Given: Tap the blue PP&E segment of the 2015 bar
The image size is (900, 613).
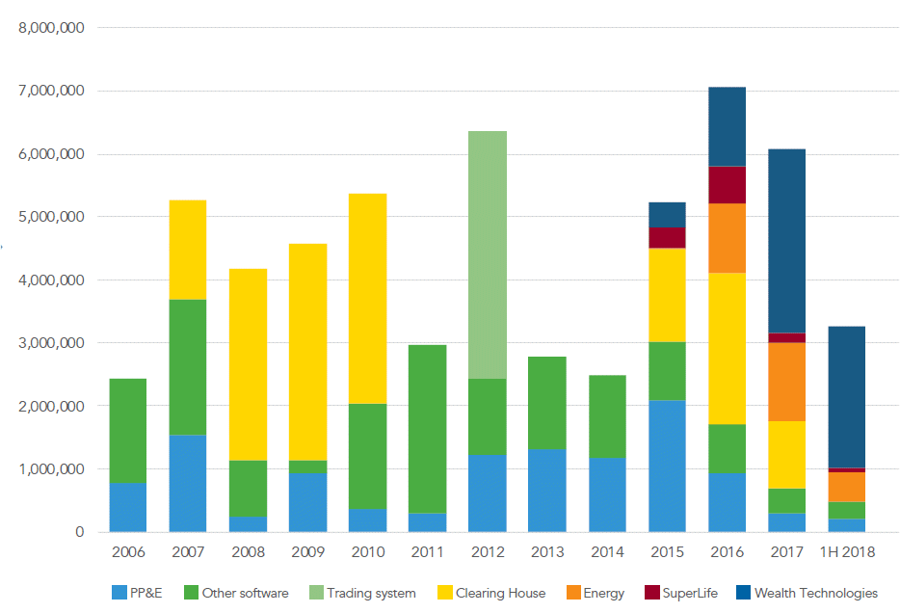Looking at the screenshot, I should pyautogui.click(x=667, y=466).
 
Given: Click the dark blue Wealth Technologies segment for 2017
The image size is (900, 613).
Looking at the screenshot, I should pyautogui.click(x=786, y=241).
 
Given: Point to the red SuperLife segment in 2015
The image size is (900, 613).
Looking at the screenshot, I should pyautogui.click(x=667, y=238).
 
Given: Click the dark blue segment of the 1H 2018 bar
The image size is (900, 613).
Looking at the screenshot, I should pyautogui.click(x=846, y=397).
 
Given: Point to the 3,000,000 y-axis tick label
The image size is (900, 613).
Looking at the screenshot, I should pyautogui.click(x=52, y=343).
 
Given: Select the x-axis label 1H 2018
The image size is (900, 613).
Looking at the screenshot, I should pyautogui.click(x=846, y=552).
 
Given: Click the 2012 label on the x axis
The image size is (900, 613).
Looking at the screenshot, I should pyautogui.click(x=487, y=552).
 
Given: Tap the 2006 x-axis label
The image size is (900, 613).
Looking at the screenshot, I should pyautogui.click(x=128, y=552).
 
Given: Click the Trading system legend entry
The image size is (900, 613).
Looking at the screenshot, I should pyautogui.click(x=371, y=593).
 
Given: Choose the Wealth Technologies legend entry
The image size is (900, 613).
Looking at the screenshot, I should pyautogui.click(x=815, y=593).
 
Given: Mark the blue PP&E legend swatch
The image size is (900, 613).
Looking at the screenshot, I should pyautogui.click(x=119, y=593).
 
